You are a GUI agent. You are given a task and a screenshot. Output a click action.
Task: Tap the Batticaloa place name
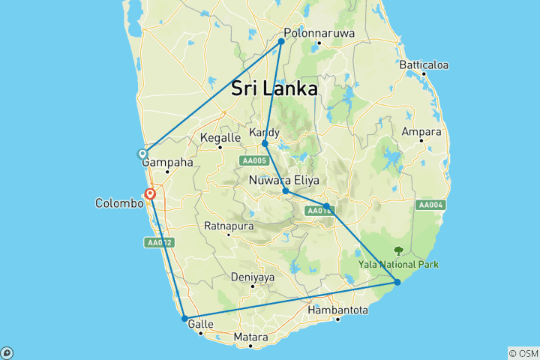coord(424,64)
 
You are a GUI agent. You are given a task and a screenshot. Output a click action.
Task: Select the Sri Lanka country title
coord(274,88)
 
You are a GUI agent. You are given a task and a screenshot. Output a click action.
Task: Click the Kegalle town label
coord(220,138)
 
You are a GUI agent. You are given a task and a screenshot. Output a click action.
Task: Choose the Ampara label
coord(421,132)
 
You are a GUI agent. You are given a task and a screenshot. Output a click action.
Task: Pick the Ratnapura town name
coord(229,226)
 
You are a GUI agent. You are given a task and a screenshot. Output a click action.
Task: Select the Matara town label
coord(250,337)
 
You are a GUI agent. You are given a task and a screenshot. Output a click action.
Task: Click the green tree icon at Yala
coord(398,251)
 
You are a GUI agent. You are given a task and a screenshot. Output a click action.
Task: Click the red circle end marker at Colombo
coord(151,193)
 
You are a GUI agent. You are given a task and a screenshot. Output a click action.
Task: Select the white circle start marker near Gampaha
coord(142,154)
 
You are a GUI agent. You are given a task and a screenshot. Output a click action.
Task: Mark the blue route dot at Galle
coord(184,319)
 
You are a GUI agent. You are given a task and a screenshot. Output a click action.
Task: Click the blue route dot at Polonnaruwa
coord(282,41)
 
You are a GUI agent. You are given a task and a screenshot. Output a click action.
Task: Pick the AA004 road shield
coord(431,205)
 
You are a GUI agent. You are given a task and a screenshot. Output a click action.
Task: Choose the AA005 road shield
coord(253,160)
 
